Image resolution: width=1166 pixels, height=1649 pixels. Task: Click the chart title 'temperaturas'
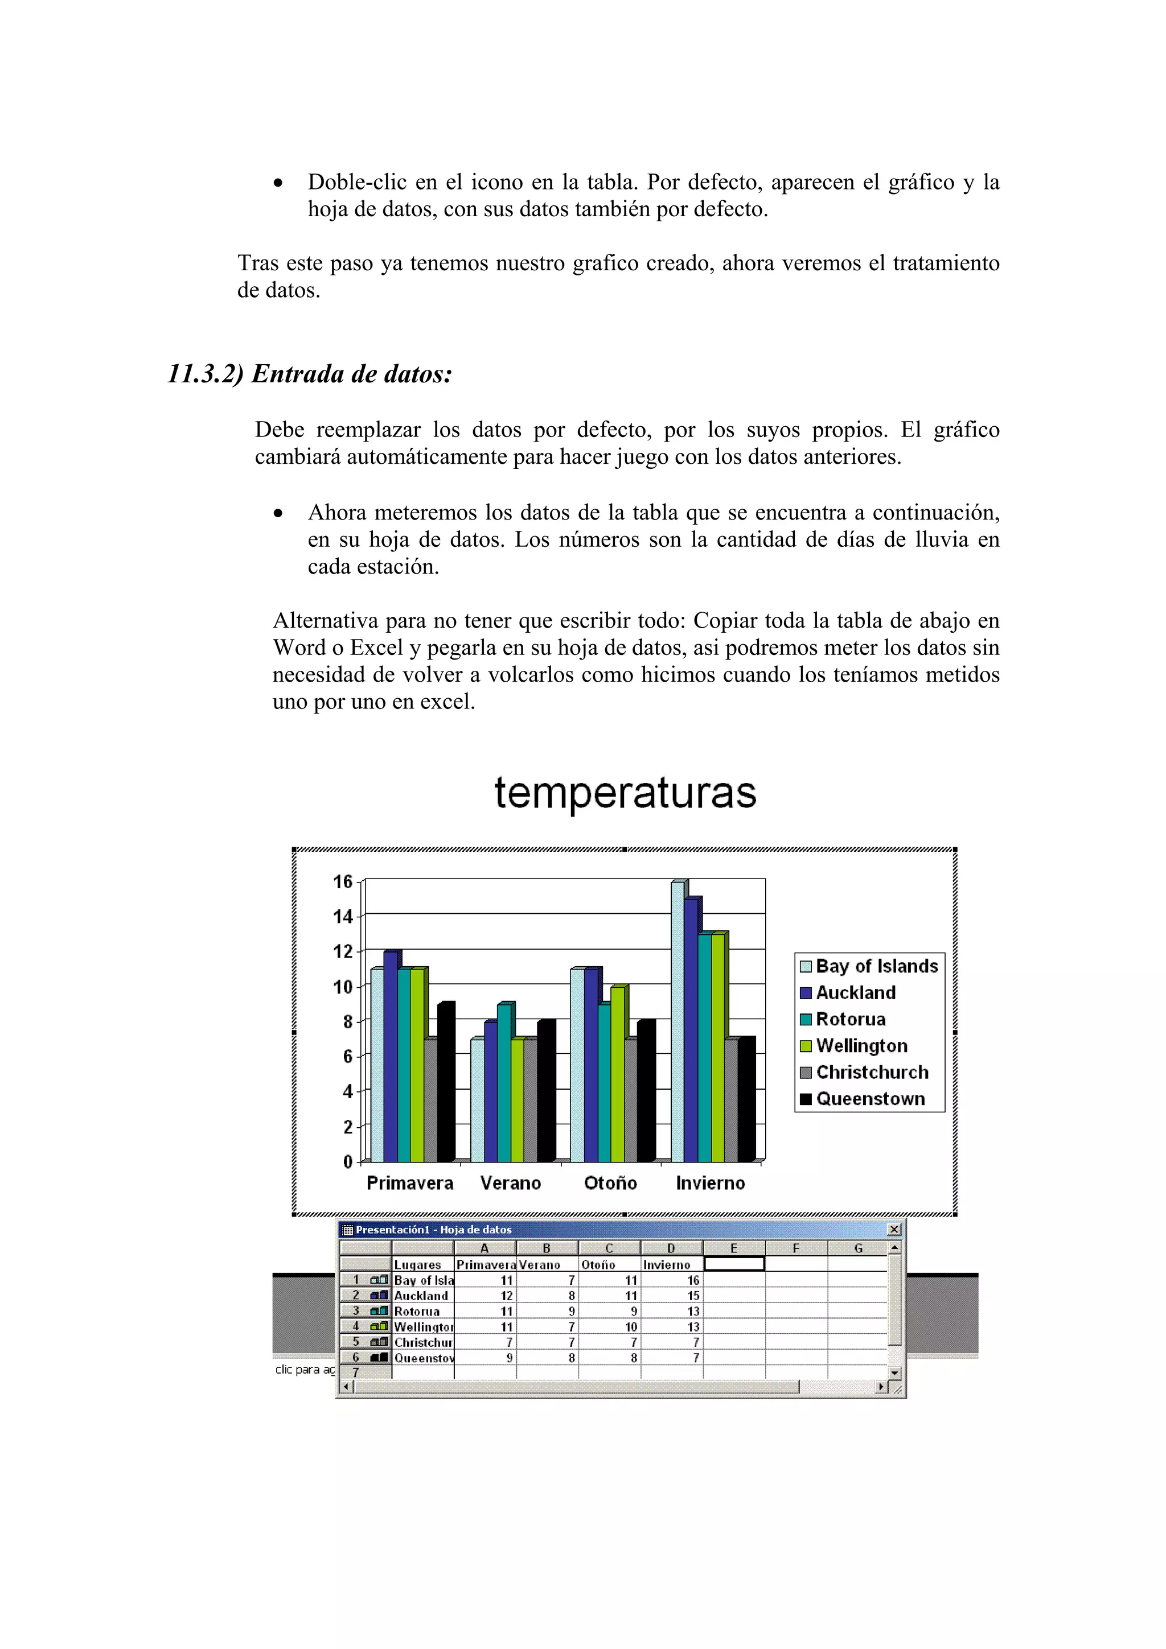tap(625, 793)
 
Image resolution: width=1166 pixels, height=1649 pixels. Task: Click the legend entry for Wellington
tap(861, 1046)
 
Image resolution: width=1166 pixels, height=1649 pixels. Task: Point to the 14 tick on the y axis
tap(343, 917)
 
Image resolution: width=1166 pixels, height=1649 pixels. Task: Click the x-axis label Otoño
tap(610, 1183)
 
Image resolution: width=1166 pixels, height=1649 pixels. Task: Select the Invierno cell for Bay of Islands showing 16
tap(672, 1280)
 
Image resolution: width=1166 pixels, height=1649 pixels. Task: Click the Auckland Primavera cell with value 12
tap(486, 1296)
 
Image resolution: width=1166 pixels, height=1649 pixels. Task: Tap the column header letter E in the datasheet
tap(733, 1248)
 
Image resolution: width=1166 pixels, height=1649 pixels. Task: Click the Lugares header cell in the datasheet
tap(422, 1265)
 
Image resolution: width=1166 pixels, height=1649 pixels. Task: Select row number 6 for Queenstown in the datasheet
tap(356, 1358)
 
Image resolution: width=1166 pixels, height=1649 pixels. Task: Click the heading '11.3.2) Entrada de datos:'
tap(310, 374)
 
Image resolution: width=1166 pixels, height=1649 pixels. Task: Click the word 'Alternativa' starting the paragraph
tap(324, 621)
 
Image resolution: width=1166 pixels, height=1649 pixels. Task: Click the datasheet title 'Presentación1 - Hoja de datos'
tap(433, 1230)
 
